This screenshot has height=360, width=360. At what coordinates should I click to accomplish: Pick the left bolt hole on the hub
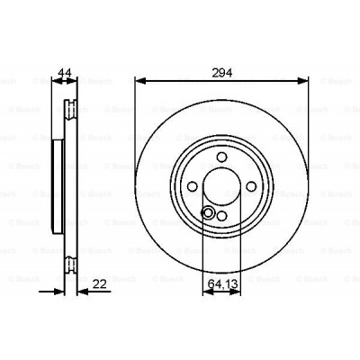point(192,184)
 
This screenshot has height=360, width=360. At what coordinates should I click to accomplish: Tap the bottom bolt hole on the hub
point(221,216)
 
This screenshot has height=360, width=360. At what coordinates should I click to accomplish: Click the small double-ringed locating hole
point(208,213)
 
